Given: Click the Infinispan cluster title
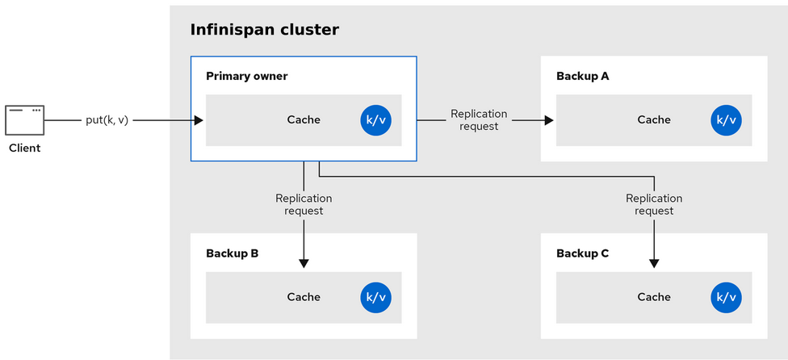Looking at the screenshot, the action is coord(264,30).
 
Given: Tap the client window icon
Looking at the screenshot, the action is coord(24,120).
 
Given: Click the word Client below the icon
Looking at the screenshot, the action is coord(24,149).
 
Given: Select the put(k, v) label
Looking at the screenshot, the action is coord(107,120).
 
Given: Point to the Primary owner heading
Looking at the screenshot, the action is coord(247,77).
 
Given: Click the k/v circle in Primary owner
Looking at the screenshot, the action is coord(376,120).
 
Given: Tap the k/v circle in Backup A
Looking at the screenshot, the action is coord(726,120).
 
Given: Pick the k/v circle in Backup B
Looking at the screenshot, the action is coord(376,298).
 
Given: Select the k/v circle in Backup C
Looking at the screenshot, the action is coord(726,298).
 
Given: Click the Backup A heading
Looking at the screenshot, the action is coord(582,77).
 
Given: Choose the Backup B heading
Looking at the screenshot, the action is coord(233,253).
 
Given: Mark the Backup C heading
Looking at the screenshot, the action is coord(582,253).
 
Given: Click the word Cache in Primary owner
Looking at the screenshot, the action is coord(304,120).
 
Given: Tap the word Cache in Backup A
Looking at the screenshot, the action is coord(654,120).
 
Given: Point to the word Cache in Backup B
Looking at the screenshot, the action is coord(304,297).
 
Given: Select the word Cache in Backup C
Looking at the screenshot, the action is coord(654,297).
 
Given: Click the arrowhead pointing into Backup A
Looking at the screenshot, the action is coord(549,120).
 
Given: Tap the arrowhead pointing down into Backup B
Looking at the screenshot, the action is coord(304,264).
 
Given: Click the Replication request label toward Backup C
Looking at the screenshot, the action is coord(654,205).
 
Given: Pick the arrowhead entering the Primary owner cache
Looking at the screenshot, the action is coord(199,120).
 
